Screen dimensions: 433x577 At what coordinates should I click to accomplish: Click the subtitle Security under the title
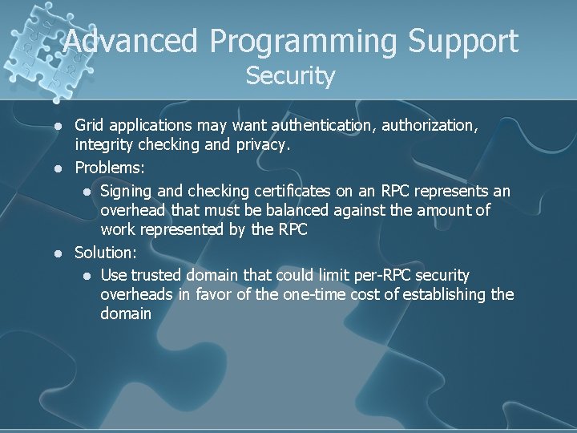(290, 76)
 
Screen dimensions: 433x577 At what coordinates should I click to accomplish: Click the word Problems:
(108, 168)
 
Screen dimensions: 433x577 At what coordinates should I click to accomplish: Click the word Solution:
(106, 253)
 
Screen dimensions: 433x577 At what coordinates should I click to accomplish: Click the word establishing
(445, 294)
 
